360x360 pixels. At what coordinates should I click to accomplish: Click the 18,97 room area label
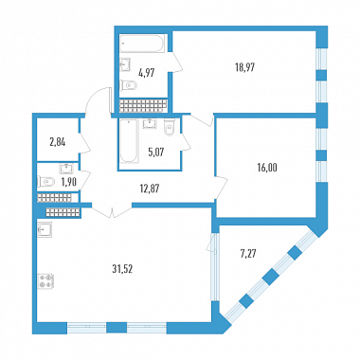point(244,67)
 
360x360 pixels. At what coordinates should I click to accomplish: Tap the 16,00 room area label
point(267,168)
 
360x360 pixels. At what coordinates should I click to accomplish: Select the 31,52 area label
point(122,269)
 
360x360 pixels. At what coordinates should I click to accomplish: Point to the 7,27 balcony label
point(247,254)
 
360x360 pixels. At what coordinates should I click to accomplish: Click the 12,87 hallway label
point(150,189)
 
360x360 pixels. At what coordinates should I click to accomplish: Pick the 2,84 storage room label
point(58,142)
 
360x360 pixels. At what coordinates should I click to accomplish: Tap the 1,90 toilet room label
point(68,182)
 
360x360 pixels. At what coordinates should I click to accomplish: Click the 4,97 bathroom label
point(147,73)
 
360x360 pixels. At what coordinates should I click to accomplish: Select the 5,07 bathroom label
point(156,153)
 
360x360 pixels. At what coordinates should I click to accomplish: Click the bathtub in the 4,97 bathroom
point(142,44)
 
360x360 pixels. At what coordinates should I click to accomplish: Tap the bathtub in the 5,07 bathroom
point(129,141)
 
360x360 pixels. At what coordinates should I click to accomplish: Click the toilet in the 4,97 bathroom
point(129,85)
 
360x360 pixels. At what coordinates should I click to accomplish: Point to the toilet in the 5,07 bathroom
point(170,128)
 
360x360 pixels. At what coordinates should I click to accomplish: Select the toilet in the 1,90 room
point(45,182)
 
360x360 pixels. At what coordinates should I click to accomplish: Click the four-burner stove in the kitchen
point(46,281)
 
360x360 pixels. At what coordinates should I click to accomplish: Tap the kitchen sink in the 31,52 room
point(45,229)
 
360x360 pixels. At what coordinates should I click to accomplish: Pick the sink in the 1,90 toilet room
point(66,169)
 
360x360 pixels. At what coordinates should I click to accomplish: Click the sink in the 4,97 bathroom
point(126,64)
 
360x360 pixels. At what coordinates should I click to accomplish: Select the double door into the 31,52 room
point(112,210)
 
